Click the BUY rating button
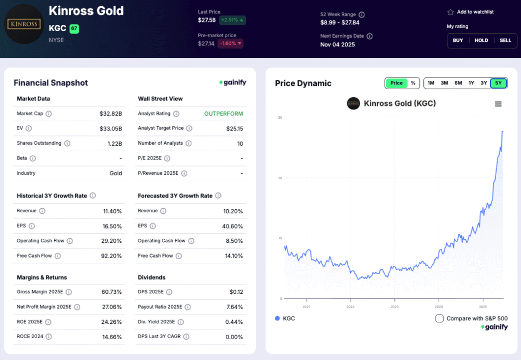click(x=458, y=40)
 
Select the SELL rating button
click(x=505, y=40)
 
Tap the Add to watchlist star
click(x=450, y=12)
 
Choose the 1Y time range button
click(x=471, y=83)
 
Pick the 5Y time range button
click(x=498, y=83)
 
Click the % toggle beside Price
click(x=413, y=83)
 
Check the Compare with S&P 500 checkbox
click(x=440, y=318)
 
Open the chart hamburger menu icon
click(x=498, y=104)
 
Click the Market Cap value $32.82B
click(x=111, y=114)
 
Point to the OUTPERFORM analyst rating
click(x=223, y=114)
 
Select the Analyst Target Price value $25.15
click(x=235, y=128)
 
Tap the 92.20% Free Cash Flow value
click(x=112, y=256)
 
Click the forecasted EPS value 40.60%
click(x=233, y=226)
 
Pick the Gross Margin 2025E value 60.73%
click(x=112, y=292)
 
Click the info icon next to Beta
click(x=33, y=158)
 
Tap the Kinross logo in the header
click(x=24, y=24)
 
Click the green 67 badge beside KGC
click(x=74, y=29)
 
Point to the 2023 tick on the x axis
click(x=394, y=307)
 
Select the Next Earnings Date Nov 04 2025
click(x=337, y=44)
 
